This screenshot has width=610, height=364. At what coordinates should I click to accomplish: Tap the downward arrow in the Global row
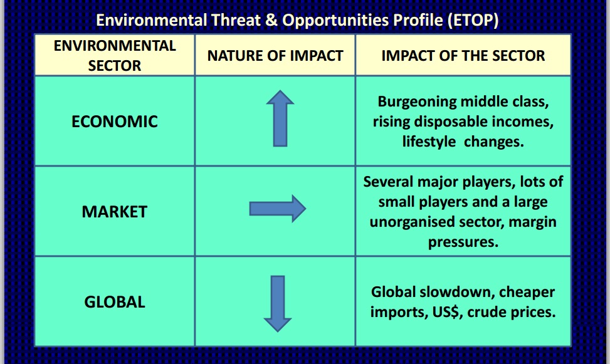click(x=277, y=303)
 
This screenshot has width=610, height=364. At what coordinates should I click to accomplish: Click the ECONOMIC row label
click(x=115, y=121)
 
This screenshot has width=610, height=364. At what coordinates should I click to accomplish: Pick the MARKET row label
click(x=115, y=212)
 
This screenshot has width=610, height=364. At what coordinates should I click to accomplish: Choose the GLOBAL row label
click(x=115, y=302)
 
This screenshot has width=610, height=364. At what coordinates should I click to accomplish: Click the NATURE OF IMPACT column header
click(x=275, y=56)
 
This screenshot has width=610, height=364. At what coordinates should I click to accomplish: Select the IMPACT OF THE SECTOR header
click(x=463, y=56)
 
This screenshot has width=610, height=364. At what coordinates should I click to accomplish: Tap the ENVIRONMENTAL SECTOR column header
click(x=115, y=56)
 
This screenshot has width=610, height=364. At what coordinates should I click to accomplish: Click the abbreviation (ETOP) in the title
click(x=473, y=20)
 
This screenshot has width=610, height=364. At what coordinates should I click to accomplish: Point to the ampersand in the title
click(x=271, y=20)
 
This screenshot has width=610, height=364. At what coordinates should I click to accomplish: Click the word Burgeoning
click(x=417, y=101)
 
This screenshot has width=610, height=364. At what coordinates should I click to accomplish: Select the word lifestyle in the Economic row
click(x=429, y=142)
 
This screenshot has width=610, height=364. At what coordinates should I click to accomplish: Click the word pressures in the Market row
click(x=463, y=242)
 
